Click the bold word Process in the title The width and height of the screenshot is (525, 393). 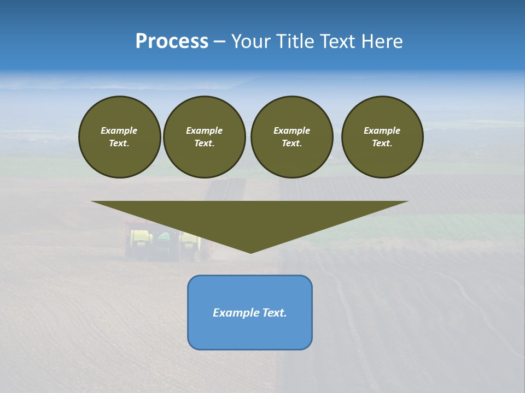tap(172, 41)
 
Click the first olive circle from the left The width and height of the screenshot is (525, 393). tap(120, 137)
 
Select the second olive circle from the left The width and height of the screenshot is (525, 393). tap(205, 137)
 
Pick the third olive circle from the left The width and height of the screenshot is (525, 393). tap(292, 137)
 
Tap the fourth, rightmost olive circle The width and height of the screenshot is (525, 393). tap(382, 137)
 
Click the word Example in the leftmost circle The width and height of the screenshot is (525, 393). tap(119, 130)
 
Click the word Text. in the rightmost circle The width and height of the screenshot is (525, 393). tap(382, 144)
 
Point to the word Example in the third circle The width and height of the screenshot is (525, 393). tap(291, 130)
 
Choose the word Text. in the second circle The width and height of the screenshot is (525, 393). tap(204, 144)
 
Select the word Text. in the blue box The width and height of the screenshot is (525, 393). tap(275, 313)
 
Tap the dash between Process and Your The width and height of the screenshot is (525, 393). tap(219, 42)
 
